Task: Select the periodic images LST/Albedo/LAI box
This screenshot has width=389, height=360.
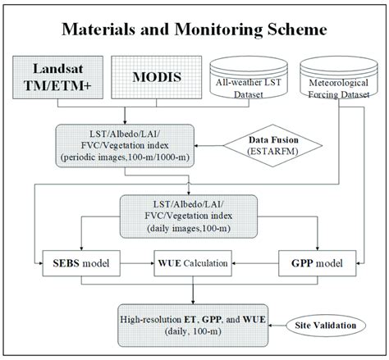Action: coord(124,146)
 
